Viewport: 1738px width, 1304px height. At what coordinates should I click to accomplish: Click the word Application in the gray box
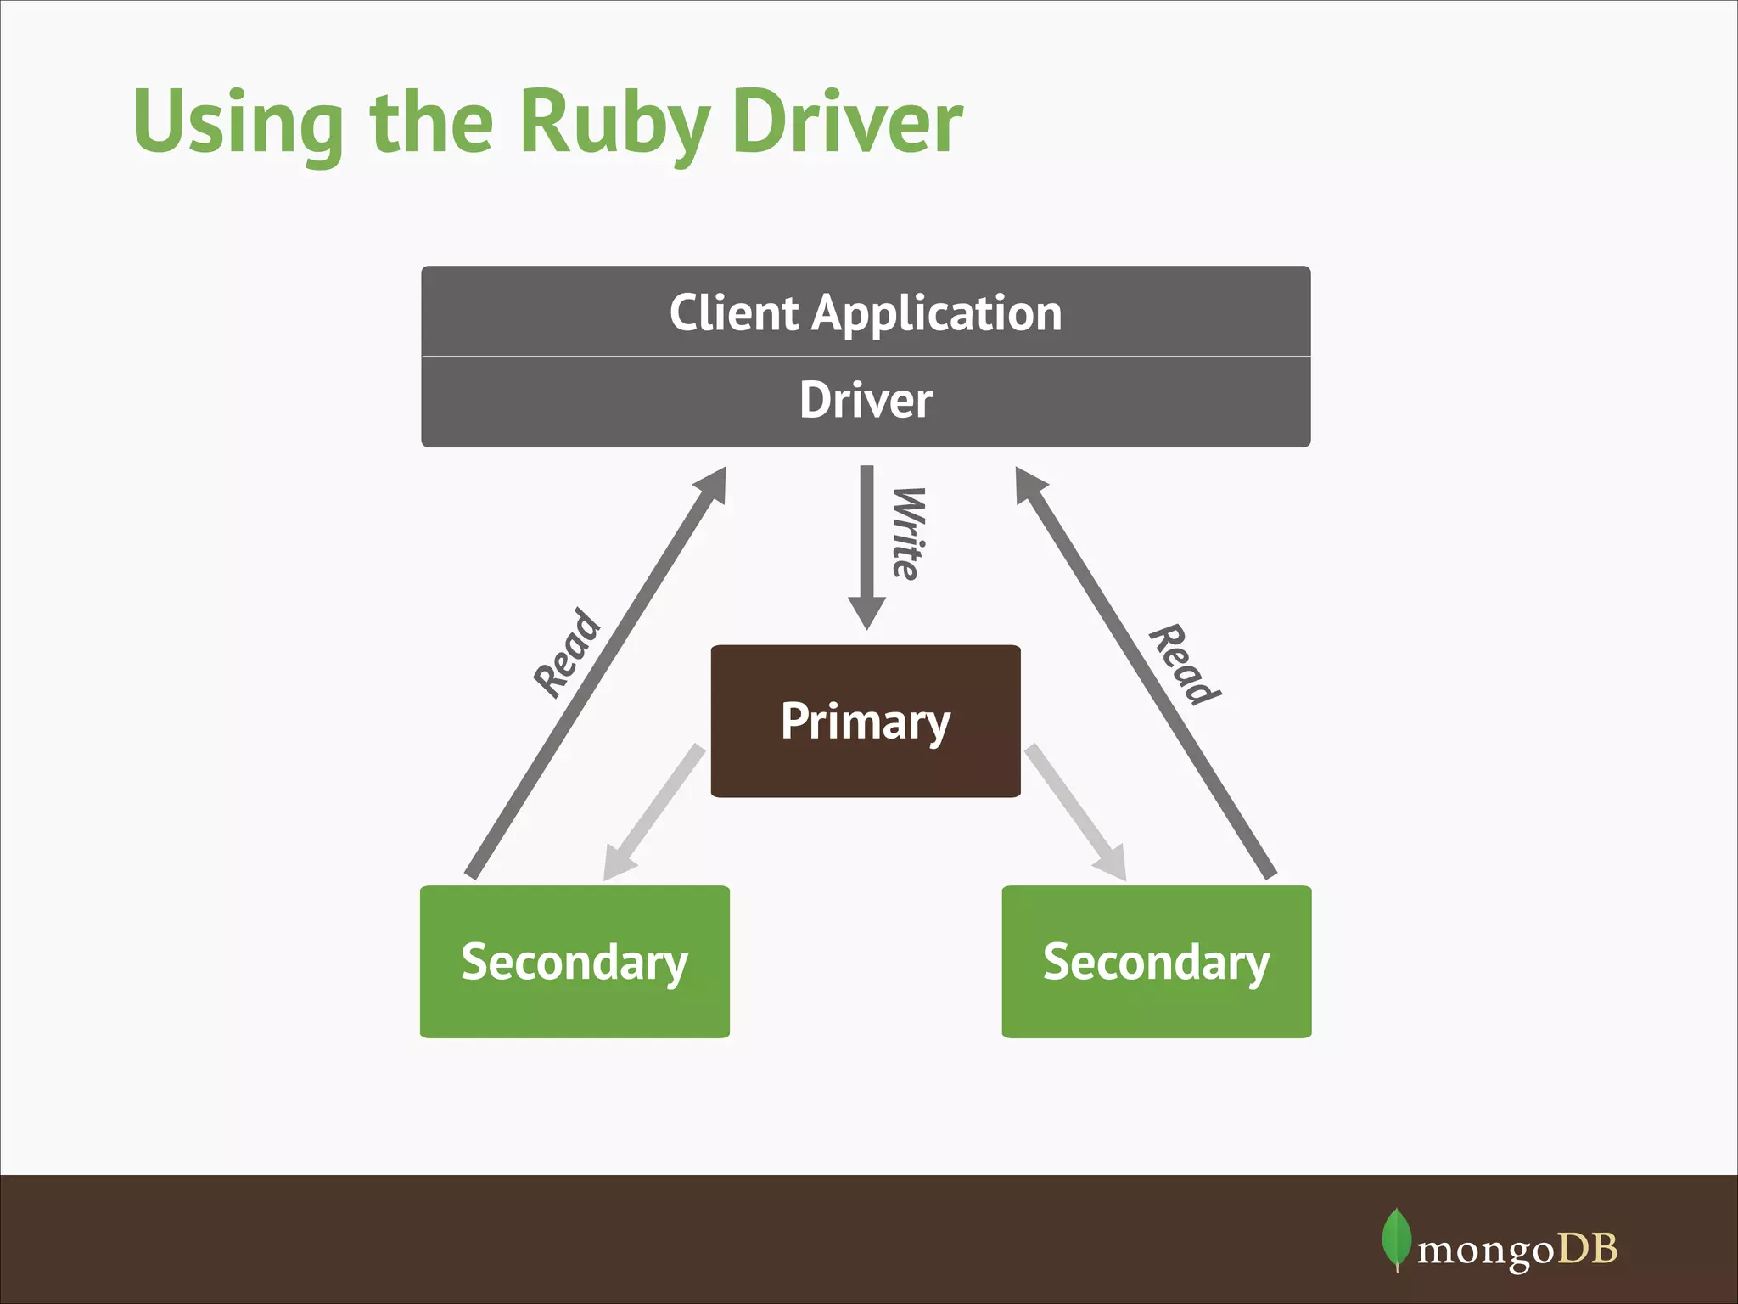[x=937, y=314]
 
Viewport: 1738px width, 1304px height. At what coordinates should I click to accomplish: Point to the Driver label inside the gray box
[x=866, y=400]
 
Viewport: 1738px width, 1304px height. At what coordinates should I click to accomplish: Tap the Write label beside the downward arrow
[x=908, y=533]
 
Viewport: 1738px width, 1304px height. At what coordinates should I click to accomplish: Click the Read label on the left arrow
[x=567, y=653]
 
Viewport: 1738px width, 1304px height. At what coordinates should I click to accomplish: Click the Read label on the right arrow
[x=1185, y=665]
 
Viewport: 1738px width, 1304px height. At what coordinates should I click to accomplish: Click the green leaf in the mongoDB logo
[x=1396, y=1239]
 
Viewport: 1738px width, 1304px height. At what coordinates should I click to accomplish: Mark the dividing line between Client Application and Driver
[x=866, y=357]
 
